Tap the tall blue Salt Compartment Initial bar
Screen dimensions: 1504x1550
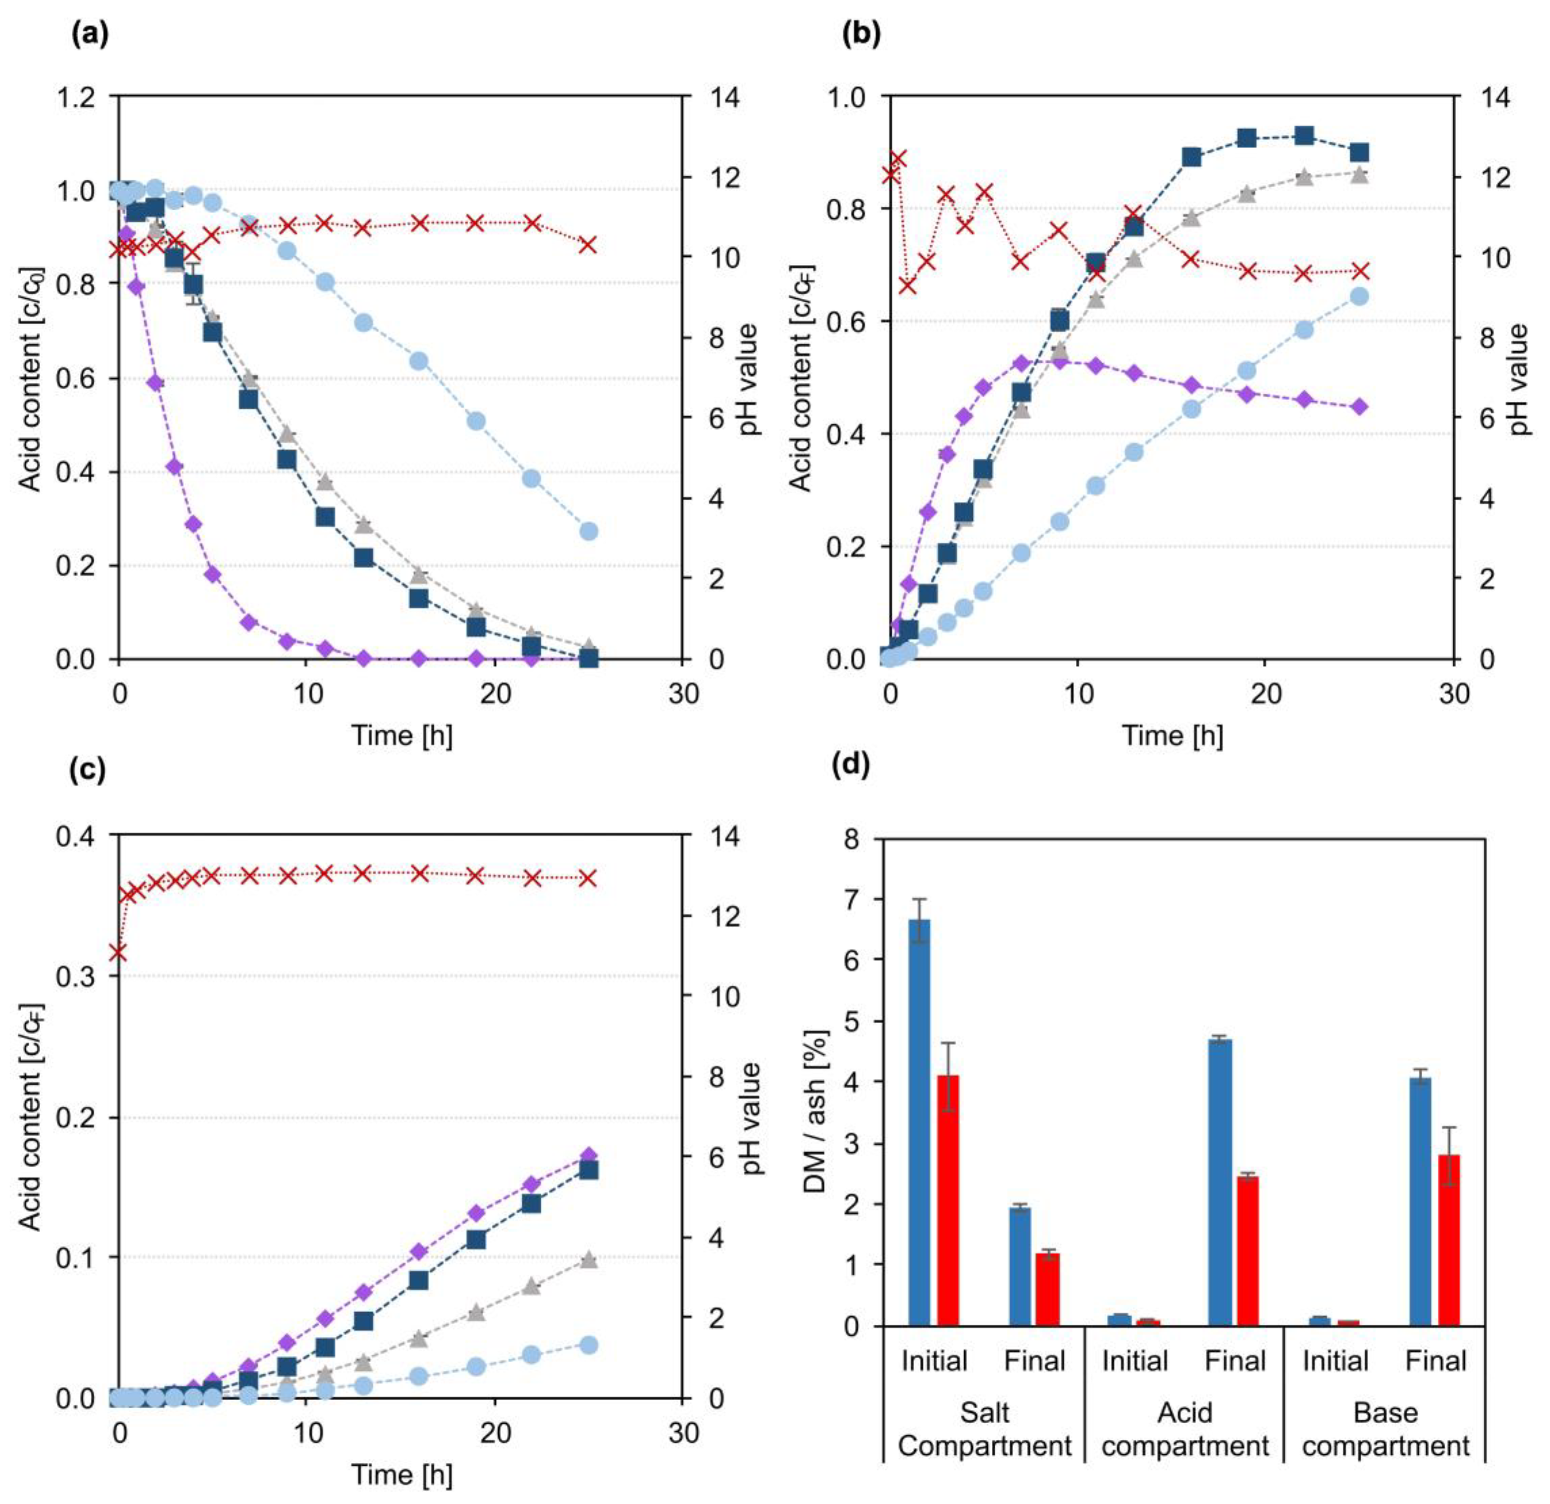point(919,1122)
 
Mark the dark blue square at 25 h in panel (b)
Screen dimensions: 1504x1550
point(1360,153)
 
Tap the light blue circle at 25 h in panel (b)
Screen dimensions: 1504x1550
point(1360,297)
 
